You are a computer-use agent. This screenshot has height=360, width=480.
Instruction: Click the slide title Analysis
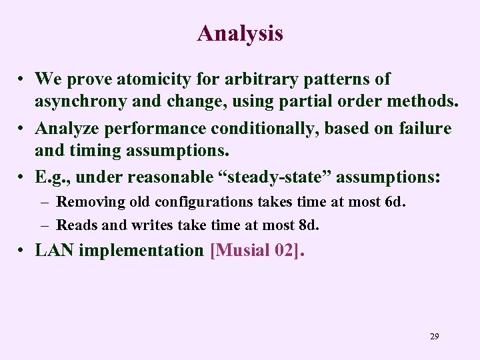(240, 33)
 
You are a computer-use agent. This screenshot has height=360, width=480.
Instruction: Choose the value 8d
(310, 225)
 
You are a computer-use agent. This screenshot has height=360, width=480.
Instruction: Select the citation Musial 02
(257, 251)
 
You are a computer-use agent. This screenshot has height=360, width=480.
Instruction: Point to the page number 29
(434, 337)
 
